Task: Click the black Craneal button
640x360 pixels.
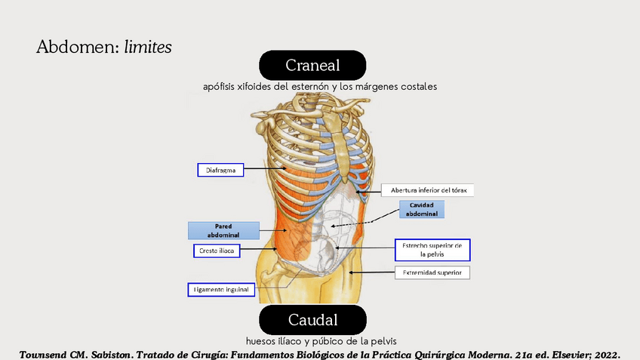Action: point(312,65)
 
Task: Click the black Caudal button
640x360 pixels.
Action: point(312,319)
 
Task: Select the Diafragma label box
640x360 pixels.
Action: point(221,171)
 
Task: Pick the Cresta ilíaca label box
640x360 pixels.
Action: point(216,251)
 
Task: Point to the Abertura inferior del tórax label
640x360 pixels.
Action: point(427,190)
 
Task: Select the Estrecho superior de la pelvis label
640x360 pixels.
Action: point(432,250)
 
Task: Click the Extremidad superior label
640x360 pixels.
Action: point(432,272)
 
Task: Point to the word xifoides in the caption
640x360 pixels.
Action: point(254,87)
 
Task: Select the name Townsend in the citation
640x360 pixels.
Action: point(48,353)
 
